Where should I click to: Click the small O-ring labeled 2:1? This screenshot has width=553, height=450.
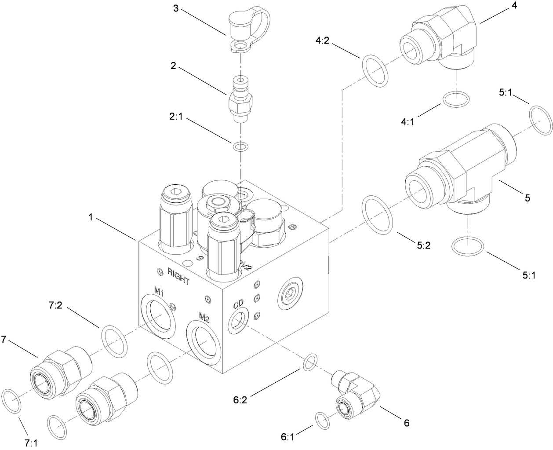[x=240, y=146]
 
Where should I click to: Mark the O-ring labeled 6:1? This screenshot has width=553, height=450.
[x=323, y=421]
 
